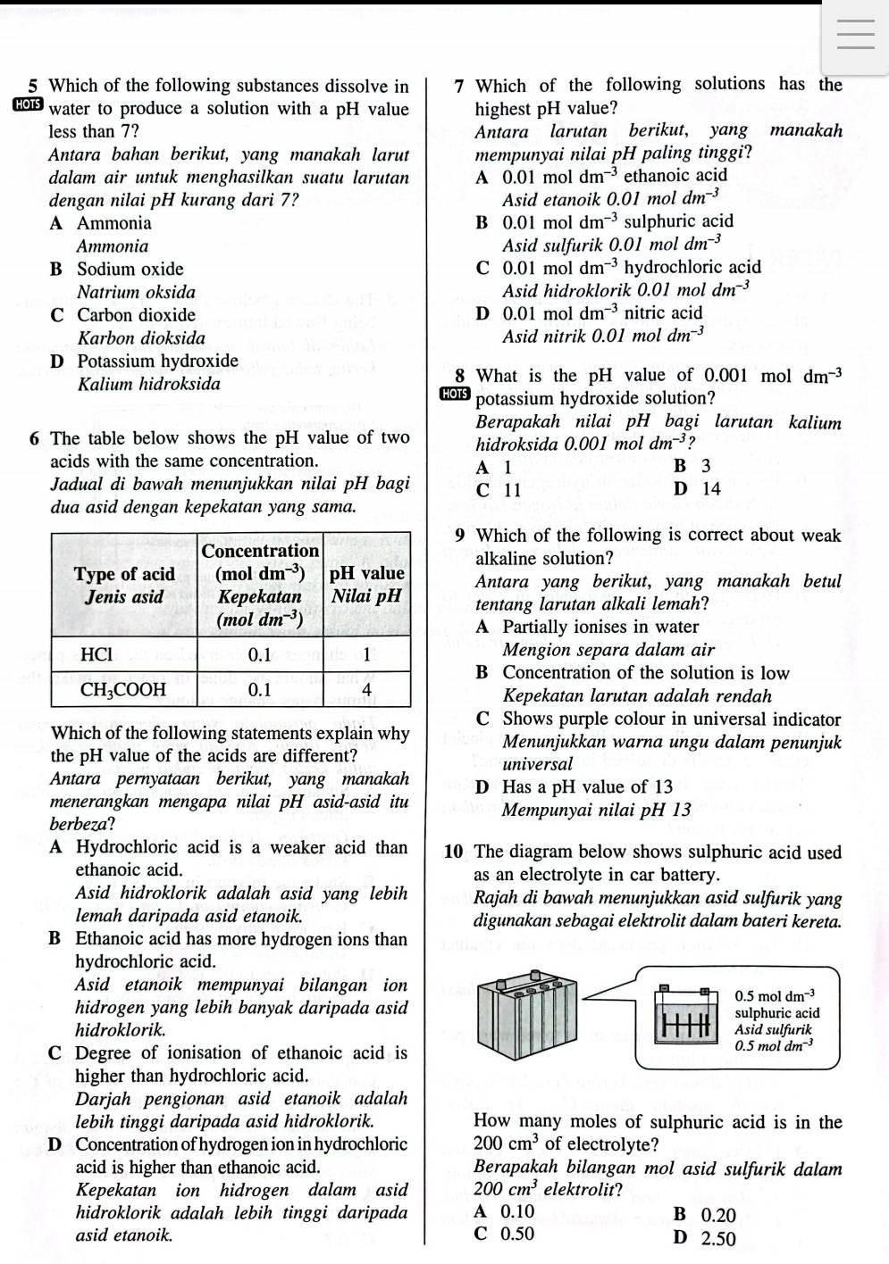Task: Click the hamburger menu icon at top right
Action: pos(857,35)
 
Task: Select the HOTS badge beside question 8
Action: pos(455,395)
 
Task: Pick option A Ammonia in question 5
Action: pos(101,223)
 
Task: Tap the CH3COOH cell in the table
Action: pos(123,689)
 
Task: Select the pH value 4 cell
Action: pos(366,689)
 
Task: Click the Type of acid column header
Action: pos(124,585)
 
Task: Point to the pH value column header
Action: pos(367,584)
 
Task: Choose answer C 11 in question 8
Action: pos(499,489)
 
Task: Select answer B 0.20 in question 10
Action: pos(706,1215)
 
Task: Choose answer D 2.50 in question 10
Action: pos(706,1238)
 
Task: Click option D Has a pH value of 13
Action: pos(575,787)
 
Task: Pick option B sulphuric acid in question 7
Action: pos(606,221)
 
